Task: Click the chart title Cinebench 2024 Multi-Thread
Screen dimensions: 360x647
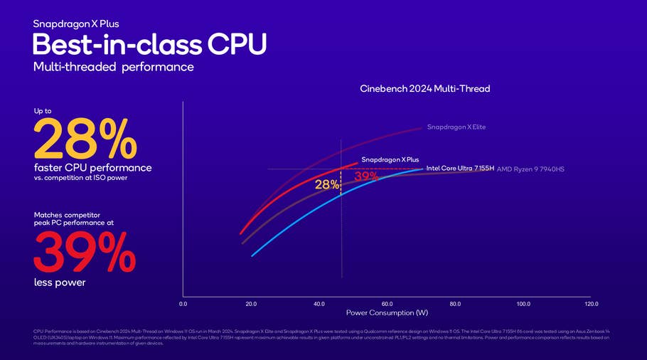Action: pyautogui.click(x=425, y=89)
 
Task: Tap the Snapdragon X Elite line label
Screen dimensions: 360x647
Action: pyautogui.click(x=456, y=127)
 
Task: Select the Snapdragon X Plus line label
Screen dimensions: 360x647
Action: pyautogui.click(x=390, y=159)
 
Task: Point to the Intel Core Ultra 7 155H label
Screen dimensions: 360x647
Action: pyautogui.click(x=459, y=169)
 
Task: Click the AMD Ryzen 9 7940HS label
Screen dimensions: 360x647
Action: pyautogui.click(x=530, y=169)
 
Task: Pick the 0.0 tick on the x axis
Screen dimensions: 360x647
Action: pyautogui.click(x=183, y=304)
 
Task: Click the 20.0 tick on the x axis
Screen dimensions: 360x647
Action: pyautogui.click(x=251, y=304)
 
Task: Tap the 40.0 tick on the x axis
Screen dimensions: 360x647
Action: pyautogui.click(x=319, y=304)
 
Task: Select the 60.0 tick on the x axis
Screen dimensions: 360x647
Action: pyautogui.click(x=387, y=304)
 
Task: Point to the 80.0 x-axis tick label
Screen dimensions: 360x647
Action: pyautogui.click(x=455, y=304)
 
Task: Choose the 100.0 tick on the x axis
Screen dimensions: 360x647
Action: pyautogui.click(x=523, y=304)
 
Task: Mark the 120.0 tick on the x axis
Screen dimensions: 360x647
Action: pyautogui.click(x=592, y=304)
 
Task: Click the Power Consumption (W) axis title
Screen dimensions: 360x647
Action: pyautogui.click(x=387, y=313)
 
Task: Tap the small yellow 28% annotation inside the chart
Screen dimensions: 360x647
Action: pyautogui.click(x=327, y=185)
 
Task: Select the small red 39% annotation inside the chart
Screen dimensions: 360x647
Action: pyautogui.click(x=366, y=176)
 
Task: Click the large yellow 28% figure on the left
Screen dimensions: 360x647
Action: pyautogui.click(x=84, y=139)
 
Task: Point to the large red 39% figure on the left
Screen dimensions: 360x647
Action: pyautogui.click(x=84, y=253)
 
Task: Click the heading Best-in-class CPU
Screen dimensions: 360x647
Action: pyautogui.click(x=149, y=44)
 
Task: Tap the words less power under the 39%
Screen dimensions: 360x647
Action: pyautogui.click(x=60, y=282)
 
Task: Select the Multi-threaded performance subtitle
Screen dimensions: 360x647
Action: pyautogui.click(x=113, y=67)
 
